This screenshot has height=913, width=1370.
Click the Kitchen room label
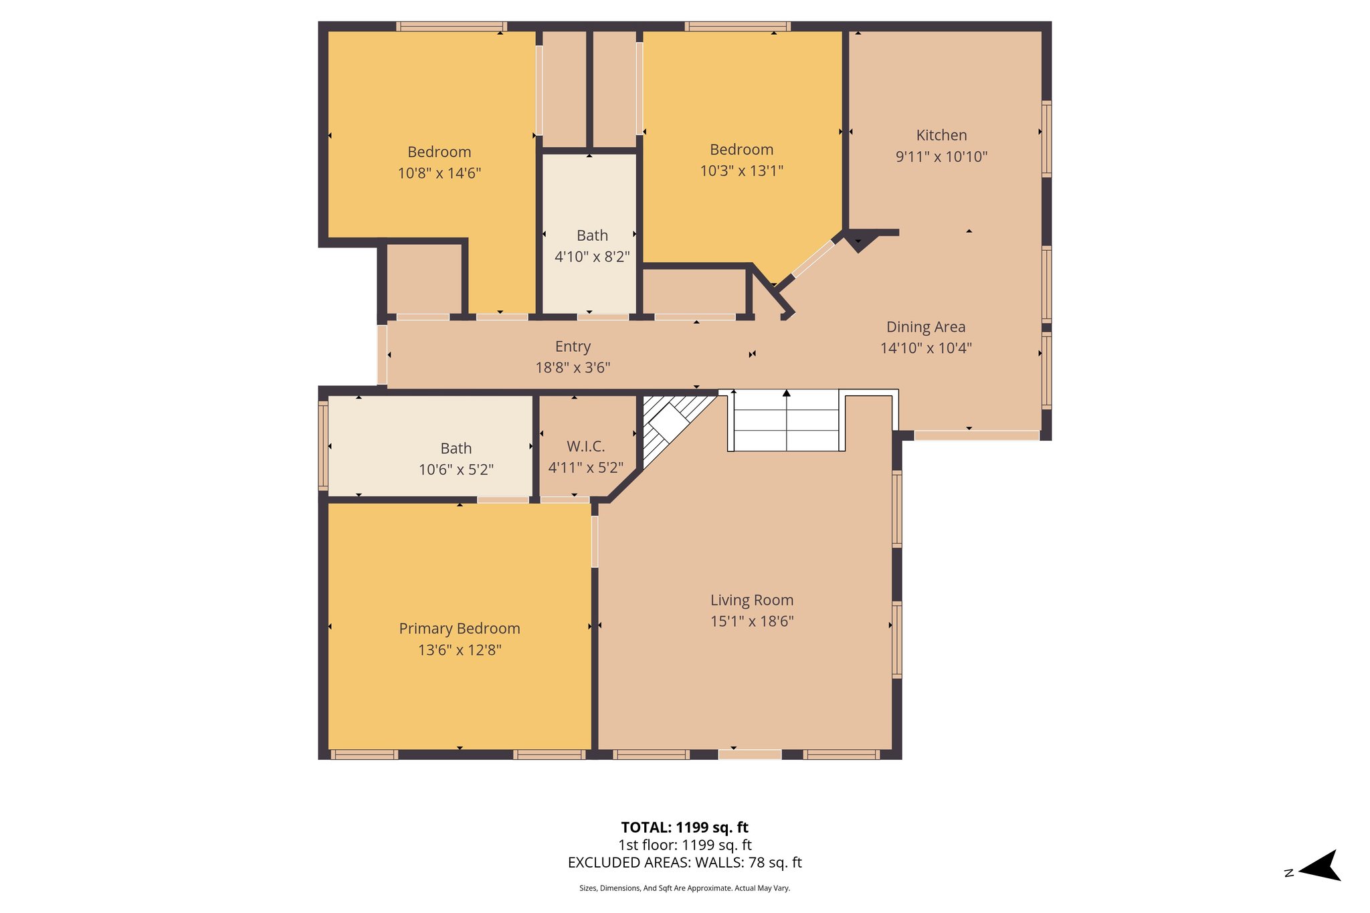(941, 135)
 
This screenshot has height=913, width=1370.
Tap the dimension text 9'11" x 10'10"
(941, 157)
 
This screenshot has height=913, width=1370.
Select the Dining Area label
(926, 327)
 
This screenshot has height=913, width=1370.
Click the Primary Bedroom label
(460, 629)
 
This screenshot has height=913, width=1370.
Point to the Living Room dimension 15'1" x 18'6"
(752, 621)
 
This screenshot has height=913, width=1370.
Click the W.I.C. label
(585, 446)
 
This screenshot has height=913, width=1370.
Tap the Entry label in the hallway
(573, 346)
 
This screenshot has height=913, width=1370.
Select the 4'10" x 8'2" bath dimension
(592, 257)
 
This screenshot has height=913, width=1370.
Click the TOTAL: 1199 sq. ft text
(684, 827)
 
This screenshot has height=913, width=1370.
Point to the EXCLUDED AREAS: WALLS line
(684, 863)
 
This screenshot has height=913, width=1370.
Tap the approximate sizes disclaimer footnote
(684, 888)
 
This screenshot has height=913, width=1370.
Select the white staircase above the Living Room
(786, 421)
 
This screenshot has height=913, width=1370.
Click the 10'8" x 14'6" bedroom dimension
(439, 173)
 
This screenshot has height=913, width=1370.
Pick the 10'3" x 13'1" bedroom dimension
(741, 171)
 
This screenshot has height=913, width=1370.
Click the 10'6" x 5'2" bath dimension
(456, 470)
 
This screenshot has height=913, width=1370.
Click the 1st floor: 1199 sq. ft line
(684, 845)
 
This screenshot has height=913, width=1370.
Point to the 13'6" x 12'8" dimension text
(460, 650)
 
